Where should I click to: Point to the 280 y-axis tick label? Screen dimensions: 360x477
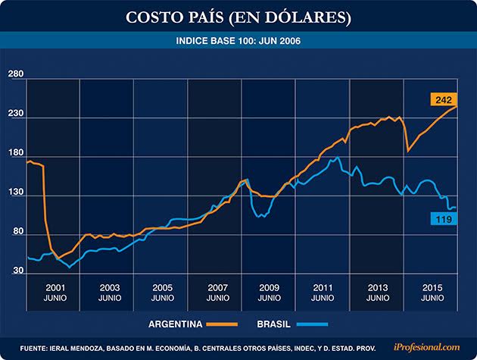click(16, 74)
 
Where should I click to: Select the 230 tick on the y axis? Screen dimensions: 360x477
click(16, 114)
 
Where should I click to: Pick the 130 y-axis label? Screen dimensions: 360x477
click(16, 193)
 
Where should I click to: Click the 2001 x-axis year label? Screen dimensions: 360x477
click(55, 288)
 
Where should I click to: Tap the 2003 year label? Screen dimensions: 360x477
click(109, 288)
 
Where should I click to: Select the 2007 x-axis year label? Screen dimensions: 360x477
click(217, 288)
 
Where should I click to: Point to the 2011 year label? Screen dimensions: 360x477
click(324, 288)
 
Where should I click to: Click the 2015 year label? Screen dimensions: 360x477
click(432, 288)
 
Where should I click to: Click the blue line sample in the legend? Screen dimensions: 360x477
click(312, 324)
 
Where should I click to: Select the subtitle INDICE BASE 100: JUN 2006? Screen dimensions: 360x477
click(238, 41)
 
